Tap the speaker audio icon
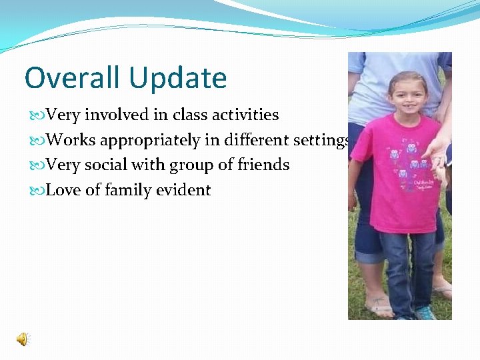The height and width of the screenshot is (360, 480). point(23,339)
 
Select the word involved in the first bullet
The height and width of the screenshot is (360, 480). point(116,115)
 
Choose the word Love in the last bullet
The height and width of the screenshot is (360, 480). point(64,190)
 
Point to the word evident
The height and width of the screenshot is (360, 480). point(183,190)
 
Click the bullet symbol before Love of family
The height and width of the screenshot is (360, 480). point(38,191)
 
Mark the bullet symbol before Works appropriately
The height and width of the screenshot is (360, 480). point(38,141)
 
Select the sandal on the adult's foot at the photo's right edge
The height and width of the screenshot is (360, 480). point(443,290)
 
